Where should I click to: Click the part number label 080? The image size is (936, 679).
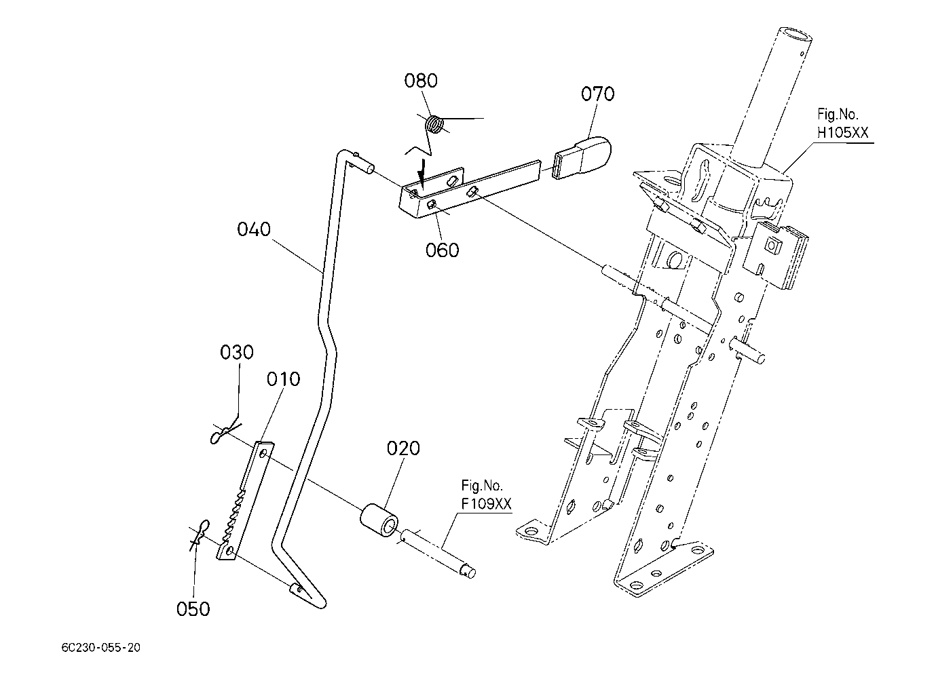pos(420,81)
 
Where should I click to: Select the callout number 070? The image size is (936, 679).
pos(597,94)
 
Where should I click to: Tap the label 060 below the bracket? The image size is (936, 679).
pos(442,250)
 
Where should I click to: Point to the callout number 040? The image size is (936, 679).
pos(254,229)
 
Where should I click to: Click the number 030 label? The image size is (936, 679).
pos(236,352)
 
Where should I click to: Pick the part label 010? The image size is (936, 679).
pos(283,379)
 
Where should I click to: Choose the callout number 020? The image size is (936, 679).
pos(403,448)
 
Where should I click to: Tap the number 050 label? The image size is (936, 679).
pos(193,609)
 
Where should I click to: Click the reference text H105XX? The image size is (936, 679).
pos(842,132)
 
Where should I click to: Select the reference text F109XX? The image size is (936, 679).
pos(486,503)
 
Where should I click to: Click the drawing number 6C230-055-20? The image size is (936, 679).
pos(101,648)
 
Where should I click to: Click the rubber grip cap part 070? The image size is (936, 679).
pos(581,157)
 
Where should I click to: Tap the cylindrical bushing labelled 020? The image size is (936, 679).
pos(379,521)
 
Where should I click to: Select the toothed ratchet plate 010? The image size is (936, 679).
pos(245,501)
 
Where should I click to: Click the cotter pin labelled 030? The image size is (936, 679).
pos(225,434)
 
